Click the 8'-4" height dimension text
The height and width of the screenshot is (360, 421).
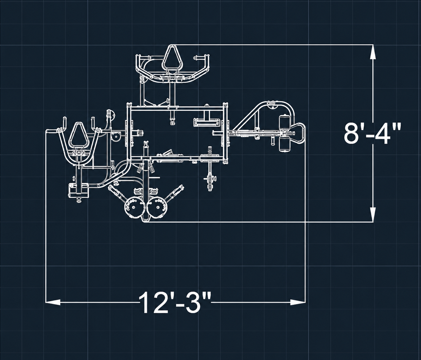[x=372, y=134]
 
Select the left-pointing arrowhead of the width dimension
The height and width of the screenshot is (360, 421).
[x=53, y=302]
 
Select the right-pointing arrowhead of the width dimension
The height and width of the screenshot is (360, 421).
[x=298, y=302]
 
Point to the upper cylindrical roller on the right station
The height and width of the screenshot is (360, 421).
[x=284, y=123]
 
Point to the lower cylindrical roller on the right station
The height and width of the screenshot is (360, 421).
[x=284, y=144]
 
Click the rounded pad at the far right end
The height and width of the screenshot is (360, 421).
[x=299, y=133]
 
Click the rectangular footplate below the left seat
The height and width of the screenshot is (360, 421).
[x=79, y=190]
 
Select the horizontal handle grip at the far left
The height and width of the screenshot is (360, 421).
[x=52, y=130]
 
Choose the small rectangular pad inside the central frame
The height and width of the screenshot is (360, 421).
[x=207, y=123]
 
